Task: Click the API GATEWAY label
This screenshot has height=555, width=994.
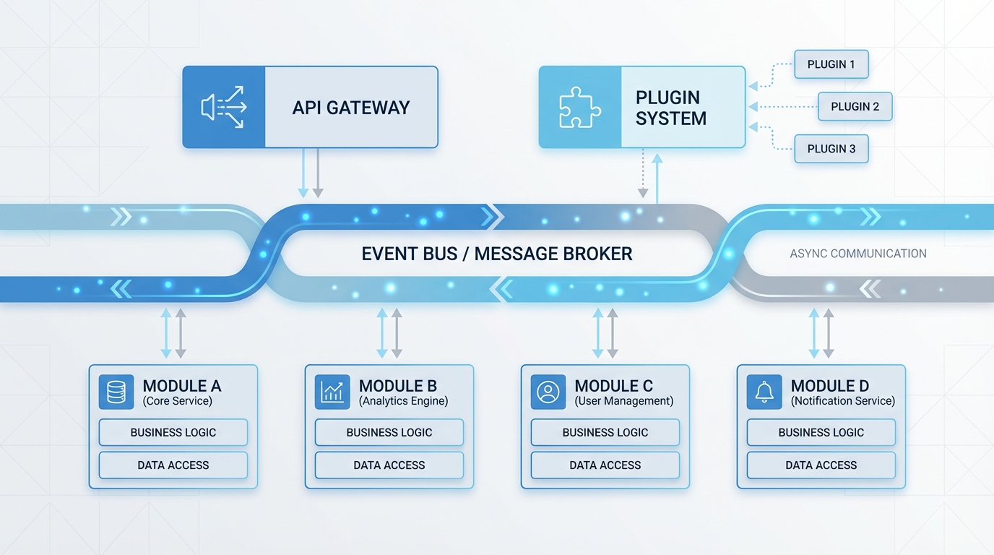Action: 351,108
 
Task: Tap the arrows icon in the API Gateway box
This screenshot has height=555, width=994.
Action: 224,108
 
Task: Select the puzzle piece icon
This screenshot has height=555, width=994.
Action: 580,108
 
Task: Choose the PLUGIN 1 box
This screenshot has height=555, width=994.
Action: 831,64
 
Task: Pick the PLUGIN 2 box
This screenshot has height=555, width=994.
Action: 855,106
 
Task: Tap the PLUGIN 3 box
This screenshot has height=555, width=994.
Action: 831,149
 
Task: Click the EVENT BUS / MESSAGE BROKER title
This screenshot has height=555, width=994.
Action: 497,254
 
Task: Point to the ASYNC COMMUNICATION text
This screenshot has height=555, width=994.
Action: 858,254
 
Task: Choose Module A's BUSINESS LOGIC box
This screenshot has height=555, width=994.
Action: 173,432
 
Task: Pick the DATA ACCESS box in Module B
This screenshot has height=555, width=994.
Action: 389,465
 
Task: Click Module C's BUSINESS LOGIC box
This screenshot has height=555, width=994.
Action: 605,432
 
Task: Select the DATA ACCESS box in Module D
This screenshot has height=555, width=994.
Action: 821,465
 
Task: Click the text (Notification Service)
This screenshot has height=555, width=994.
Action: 842,401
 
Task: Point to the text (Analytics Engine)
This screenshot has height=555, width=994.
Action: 403,401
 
